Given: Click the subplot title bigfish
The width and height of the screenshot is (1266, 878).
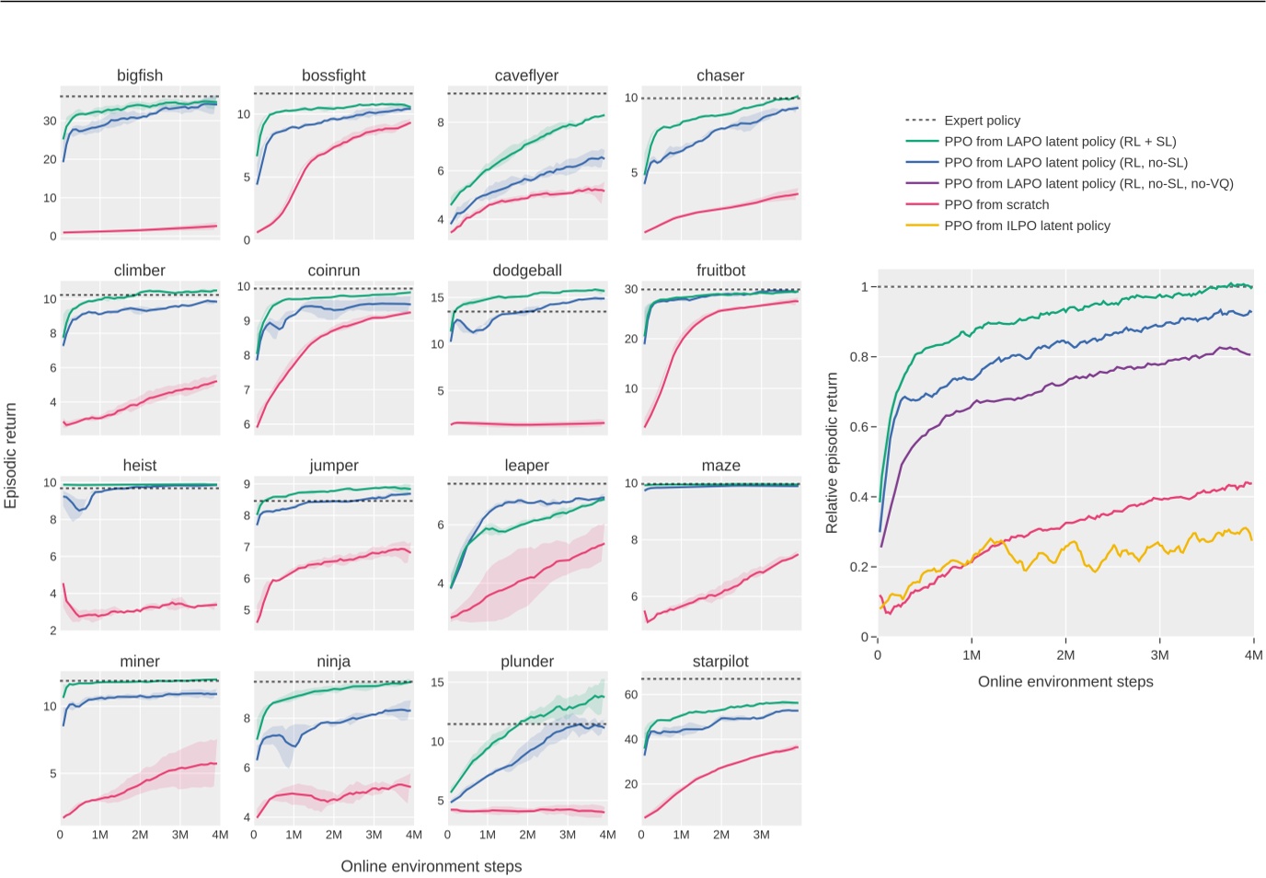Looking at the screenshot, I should (140, 75).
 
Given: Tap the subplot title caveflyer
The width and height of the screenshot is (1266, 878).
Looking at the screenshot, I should (526, 75).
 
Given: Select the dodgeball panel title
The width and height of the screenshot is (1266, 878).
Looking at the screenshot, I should (527, 271).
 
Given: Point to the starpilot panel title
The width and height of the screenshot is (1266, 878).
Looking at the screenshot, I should (720, 662).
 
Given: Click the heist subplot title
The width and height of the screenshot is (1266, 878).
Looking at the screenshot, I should (140, 466).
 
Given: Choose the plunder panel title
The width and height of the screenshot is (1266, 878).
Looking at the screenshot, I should (527, 662).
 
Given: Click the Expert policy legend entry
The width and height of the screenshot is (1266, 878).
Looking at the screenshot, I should (982, 121).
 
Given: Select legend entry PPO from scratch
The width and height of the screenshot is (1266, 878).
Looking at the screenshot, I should (996, 205).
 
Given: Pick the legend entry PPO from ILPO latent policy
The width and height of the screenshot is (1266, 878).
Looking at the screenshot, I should (1027, 226).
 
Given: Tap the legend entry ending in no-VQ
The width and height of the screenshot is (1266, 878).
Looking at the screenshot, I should (1088, 184).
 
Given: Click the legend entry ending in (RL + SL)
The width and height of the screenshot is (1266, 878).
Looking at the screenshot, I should (1060, 142).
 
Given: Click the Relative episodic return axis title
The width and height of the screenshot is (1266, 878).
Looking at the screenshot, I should (832, 453).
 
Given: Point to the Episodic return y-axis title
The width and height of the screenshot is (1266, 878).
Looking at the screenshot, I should (11, 456).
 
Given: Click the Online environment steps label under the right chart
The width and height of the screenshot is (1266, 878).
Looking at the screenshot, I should (1065, 682).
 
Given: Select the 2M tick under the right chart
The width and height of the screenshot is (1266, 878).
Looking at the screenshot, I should (1065, 655).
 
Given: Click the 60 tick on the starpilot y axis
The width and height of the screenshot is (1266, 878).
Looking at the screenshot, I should (631, 695).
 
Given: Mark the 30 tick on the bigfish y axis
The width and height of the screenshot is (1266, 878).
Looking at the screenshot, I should (50, 121).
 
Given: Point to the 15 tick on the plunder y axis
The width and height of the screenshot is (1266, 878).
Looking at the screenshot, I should (437, 682).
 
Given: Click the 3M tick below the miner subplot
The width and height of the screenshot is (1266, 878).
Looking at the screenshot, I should (180, 835).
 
